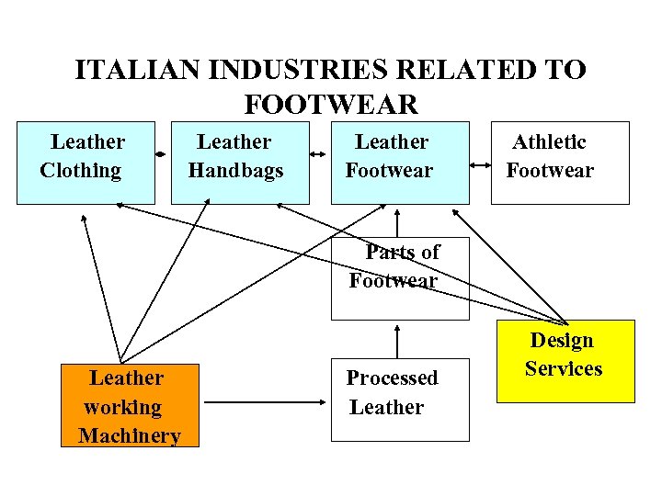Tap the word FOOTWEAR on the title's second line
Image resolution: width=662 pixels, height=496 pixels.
331,104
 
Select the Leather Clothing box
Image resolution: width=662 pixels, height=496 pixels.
86,162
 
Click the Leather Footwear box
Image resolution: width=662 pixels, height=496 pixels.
400,162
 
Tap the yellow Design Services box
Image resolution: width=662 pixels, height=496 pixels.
565,361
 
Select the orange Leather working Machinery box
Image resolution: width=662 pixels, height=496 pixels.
130,405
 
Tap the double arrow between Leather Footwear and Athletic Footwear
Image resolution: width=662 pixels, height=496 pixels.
480,166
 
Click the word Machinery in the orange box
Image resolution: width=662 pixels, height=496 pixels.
130,435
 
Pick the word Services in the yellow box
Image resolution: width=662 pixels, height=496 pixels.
564,369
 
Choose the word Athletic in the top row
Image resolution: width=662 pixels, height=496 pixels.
549,142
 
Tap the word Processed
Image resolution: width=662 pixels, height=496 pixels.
392,378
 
